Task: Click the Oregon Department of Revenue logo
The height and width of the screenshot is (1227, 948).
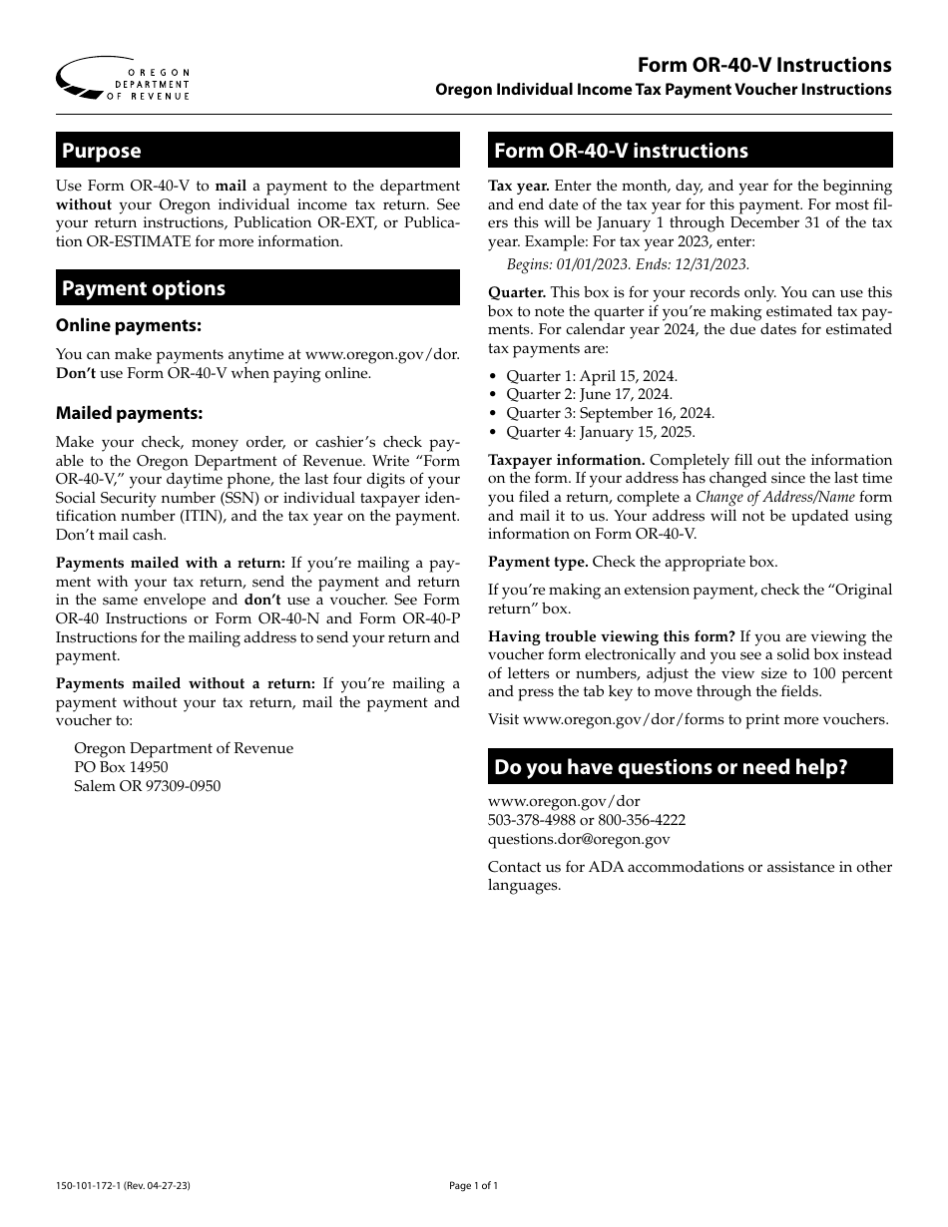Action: pyautogui.click(x=122, y=77)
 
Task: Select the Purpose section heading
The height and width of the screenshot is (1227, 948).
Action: pyautogui.click(x=257, y=151)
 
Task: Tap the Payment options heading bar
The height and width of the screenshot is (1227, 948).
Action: pyautogui.click(x=257, y=288)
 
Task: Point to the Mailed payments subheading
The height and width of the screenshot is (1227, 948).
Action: pyautogui.click(x=130, y=413)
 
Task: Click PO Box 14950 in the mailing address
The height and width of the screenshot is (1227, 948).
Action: pyautogui.click(x=121, y=767)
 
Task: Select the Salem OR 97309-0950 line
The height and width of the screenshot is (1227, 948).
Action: pyautogui.click(x=148, y=786)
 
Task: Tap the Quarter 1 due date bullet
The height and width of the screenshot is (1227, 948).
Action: pyautogui.click(x=591, y=376)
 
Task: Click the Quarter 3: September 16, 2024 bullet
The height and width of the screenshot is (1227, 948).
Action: pyautogui.click(x=610, y=413)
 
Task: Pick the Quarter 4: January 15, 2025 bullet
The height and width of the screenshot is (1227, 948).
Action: pyautogui.click(x=600, y=432)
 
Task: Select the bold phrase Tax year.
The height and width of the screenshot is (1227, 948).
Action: pyautogui.click(x=518, y=186)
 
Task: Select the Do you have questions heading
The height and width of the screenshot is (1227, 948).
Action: pyautogui.click(x=690, y=767)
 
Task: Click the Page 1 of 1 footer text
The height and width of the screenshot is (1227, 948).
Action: pyautogui.click(x=473, y=1186)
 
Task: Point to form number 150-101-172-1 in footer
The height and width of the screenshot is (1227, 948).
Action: pyautogui.click(x=97, y=1186)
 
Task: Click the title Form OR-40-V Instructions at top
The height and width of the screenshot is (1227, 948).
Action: pyautogui.click(x=765, y=65)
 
